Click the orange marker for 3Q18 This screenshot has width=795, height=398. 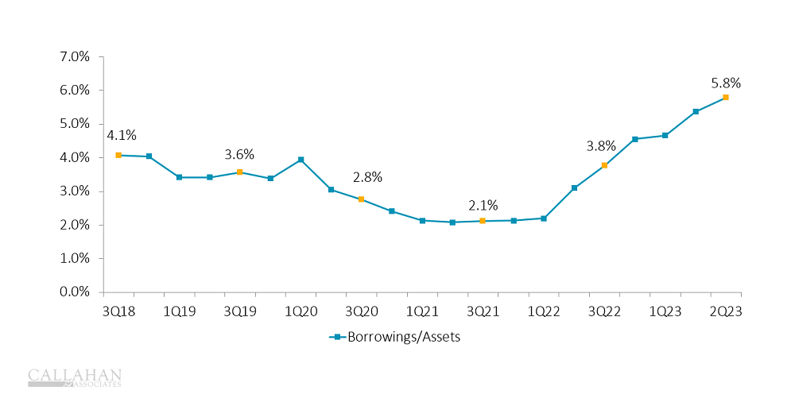pos(118,155)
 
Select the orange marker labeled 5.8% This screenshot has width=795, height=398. pos(726,97)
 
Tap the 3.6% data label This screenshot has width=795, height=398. pos(239,154)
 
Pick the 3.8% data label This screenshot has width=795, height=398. pos(601,145)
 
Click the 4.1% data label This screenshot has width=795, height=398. pos(122,135)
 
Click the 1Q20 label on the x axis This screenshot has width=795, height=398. pos(301,311)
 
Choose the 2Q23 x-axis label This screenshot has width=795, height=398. pos(725,311)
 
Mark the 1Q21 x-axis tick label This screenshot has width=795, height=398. pos(422,311)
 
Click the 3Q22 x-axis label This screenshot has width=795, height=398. pos(604,311)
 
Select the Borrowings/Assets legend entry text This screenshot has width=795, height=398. pos(402,337)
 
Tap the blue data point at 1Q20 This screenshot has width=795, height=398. pos(301,160)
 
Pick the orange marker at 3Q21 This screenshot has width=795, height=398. pos(483,221)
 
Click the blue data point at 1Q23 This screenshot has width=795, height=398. pos(665,135)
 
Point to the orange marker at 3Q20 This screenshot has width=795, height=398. pos(361,199)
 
